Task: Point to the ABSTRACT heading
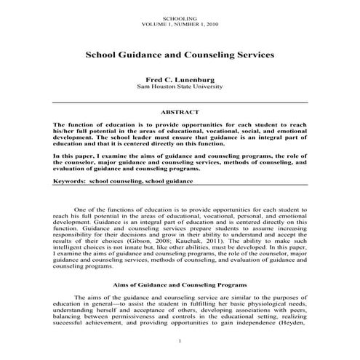[x=180, y=113]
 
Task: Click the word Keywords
[x=69, y=179]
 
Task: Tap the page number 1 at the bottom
[x=180, y=341]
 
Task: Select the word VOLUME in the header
[x=157, y=24]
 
